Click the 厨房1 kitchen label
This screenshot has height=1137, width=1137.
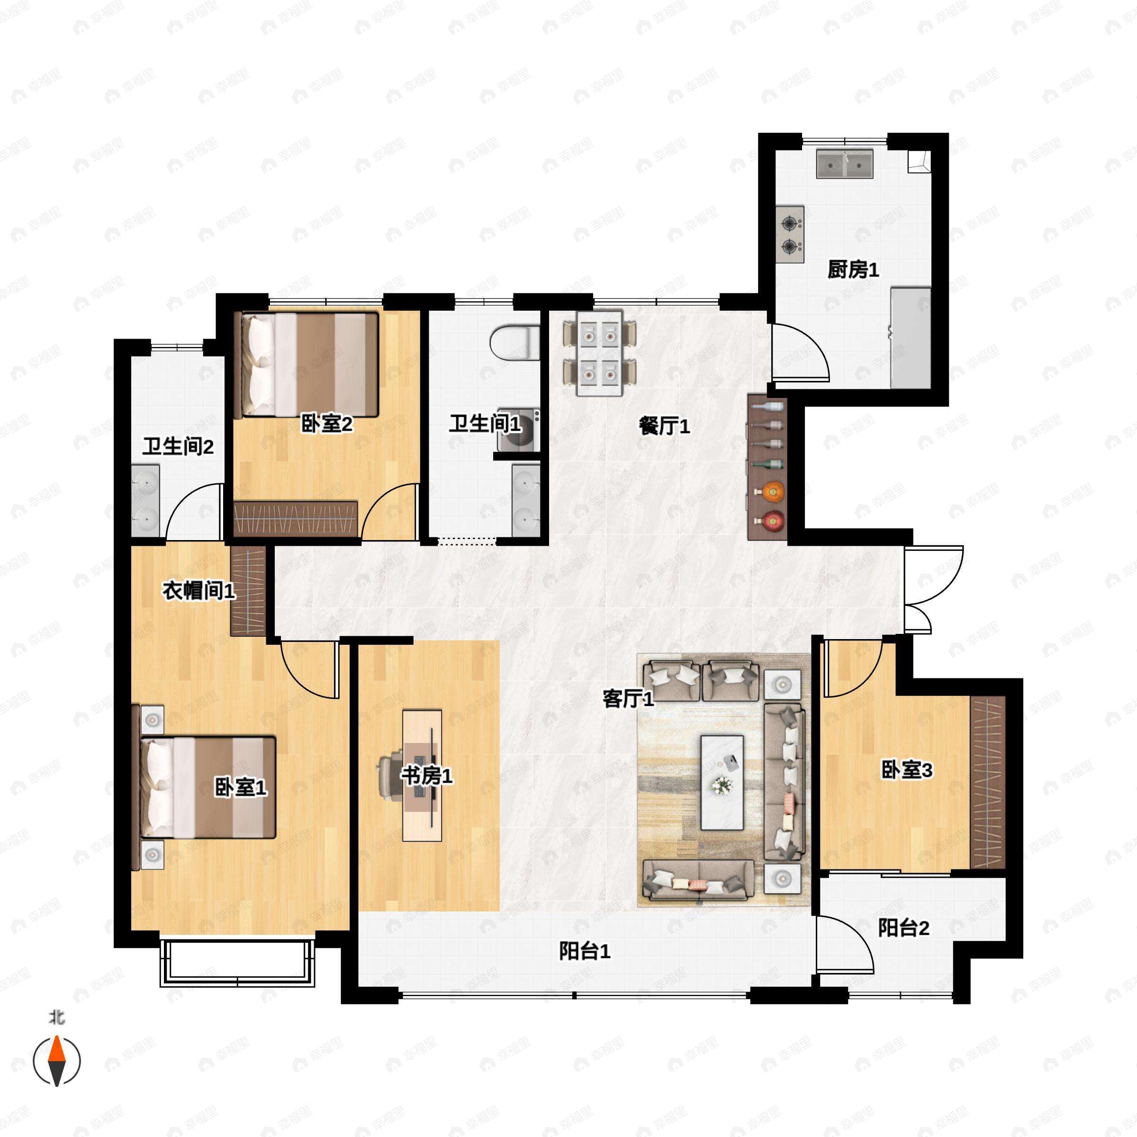853,270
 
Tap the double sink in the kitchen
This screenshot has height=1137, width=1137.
845,164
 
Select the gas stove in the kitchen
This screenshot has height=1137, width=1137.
790,234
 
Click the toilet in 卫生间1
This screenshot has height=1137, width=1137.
515,343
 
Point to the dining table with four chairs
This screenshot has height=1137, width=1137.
600,353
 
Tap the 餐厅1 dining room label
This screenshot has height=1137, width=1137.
664,425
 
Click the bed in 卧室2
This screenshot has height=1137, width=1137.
306,365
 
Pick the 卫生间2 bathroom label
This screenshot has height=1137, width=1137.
178,446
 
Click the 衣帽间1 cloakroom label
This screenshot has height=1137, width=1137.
199,590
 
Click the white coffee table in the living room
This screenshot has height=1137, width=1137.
722,782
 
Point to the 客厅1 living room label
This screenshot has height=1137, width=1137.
628,699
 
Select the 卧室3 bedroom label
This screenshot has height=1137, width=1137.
906,769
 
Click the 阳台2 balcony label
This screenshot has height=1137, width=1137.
903,928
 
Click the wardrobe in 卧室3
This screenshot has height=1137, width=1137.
987,782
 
